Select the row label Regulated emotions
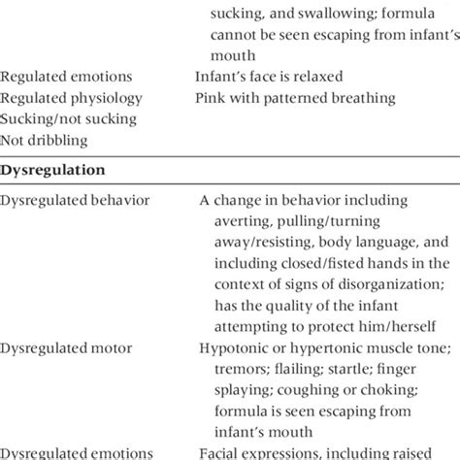[60, 74]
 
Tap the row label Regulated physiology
[65, 97]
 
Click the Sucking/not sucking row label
[61, 118]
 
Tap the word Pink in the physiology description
[212, 97]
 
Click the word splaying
[236, 387]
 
